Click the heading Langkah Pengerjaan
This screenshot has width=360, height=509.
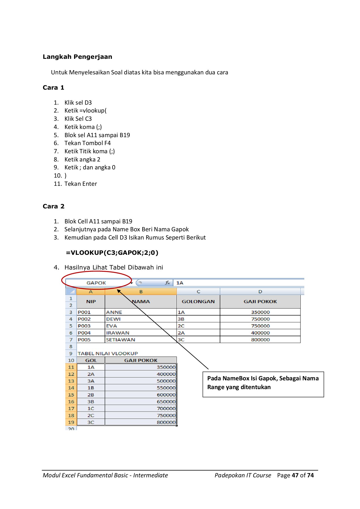[x=77, y=57]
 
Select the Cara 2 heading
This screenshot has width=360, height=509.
[x=53, y=206]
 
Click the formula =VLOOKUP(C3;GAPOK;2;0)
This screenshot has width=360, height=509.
[x=112, y=253]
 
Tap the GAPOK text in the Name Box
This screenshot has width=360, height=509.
[x=96, y=283]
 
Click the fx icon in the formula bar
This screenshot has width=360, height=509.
[x=167, y=283]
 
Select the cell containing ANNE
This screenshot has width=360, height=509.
[x=114, y=312]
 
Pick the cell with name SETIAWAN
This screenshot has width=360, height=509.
[x=120, y=340]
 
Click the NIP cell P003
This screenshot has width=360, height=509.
[x=84, y=326]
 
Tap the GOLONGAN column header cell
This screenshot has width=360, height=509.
[x=198, y=301]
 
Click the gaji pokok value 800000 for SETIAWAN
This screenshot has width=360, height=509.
[x=260, y=340]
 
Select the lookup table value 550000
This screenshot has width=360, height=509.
[x=166, y=388]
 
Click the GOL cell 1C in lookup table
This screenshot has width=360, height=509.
[x=91, y=408]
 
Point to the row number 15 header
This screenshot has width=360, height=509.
[x=71, y=395]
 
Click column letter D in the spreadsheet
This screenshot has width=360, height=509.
[x=260, y=292]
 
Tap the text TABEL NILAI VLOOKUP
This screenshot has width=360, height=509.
[x=108, y=353]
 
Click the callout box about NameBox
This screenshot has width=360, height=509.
[x=263, y=384]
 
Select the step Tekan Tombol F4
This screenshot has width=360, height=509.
[x=87, y=143]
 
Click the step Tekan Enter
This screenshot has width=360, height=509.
[x=81, y=184]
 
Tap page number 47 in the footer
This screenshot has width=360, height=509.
[x=295, y=475]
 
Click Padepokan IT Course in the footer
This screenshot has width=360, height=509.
[x=243, y=475]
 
